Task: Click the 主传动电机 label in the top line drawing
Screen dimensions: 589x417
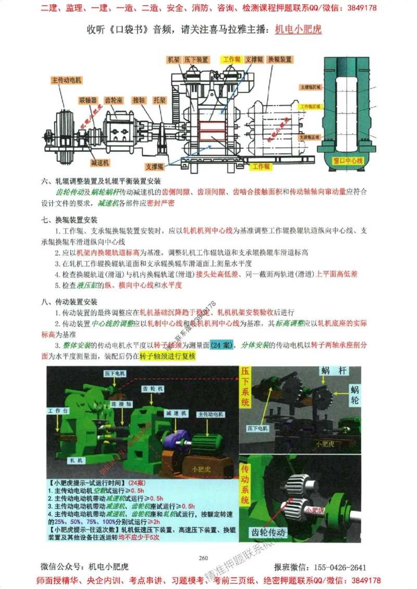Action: click(x=67, y=80)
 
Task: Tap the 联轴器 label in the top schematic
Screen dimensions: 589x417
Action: click(x=88, y=99)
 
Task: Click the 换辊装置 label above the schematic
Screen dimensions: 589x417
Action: click(x=279, y=60)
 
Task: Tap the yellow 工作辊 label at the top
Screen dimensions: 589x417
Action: click(x=231, y=60)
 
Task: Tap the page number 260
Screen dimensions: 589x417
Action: click(x=203, y=558)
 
